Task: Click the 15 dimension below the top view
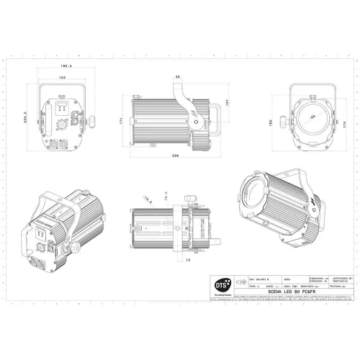tap(187, 260)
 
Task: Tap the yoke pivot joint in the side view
tap(196, 124)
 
